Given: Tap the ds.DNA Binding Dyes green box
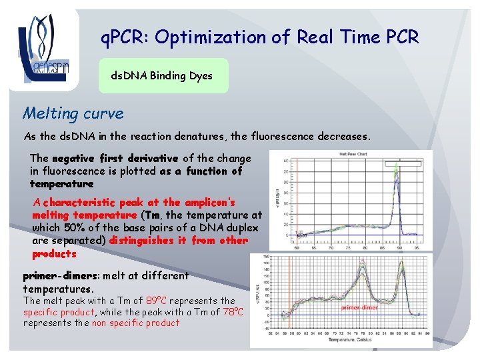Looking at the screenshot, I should coord(162,76).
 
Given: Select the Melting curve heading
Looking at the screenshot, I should coord(73,113).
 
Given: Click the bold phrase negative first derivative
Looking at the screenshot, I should coord(115,159).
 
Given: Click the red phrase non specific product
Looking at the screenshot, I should coord(136,323).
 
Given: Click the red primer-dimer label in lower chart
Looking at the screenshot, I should coord(360,308).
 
